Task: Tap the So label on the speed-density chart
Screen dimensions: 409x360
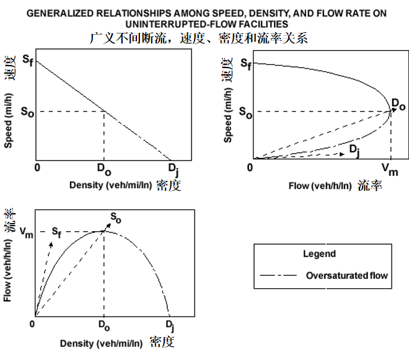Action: [x=27, y=112]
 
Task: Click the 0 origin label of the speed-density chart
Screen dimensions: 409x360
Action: [x=37, y=167]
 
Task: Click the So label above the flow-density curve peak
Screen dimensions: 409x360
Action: [x=116, y=217]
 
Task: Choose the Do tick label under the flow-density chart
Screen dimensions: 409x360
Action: [x=103, y=324]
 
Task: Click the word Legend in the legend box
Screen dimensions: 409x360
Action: [x=319, y=253]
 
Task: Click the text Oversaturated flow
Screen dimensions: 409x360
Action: [x=346, y=274]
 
